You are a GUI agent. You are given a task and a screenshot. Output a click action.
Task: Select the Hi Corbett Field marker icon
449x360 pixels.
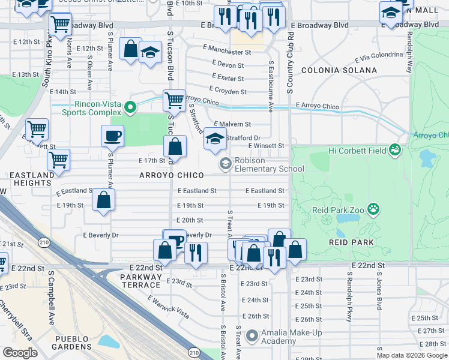click(394, 149)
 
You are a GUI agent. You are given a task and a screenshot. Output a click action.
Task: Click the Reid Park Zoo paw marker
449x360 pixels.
click(374, 209)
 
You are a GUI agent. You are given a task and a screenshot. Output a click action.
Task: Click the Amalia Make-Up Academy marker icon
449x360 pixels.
click(252, 335)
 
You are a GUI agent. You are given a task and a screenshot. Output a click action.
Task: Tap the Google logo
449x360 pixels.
click(20, 353)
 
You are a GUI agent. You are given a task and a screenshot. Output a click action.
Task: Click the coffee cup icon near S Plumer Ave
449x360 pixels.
click(112, 136)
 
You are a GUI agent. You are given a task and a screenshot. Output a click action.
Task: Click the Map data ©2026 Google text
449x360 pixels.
click(412, 355)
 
